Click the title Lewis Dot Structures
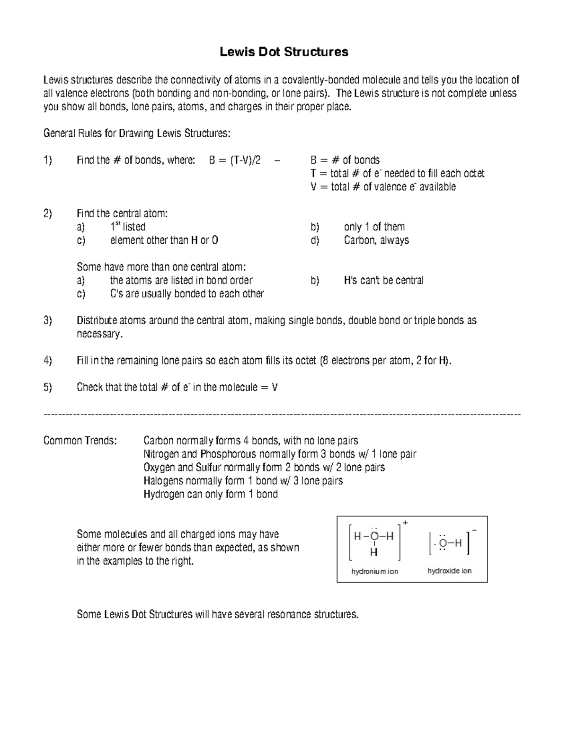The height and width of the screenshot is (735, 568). [284, 52]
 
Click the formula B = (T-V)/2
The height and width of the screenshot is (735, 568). [234, 160]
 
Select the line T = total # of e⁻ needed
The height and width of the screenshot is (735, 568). [397, 173]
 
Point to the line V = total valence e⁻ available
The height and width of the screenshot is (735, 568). [383, 186]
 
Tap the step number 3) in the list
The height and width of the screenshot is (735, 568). [47, 320]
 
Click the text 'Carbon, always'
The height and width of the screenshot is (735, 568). [376, 240]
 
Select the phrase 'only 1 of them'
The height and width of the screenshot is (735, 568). [374, 227]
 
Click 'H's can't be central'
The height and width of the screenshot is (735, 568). [383, 280]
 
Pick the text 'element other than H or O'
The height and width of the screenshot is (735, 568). [164, 240]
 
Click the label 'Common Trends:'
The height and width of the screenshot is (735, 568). [80, 441]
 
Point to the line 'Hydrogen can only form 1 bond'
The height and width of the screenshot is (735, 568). [210, 494]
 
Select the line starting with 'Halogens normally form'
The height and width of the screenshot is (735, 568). [243, 481]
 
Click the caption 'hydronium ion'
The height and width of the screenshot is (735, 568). [374, 571]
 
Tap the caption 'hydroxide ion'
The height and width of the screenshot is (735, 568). [449, 571]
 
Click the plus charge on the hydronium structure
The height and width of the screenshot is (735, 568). [405, 522]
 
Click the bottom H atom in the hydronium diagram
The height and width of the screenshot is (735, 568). [374, 552]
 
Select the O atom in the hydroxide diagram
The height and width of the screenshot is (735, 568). [443, 543]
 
